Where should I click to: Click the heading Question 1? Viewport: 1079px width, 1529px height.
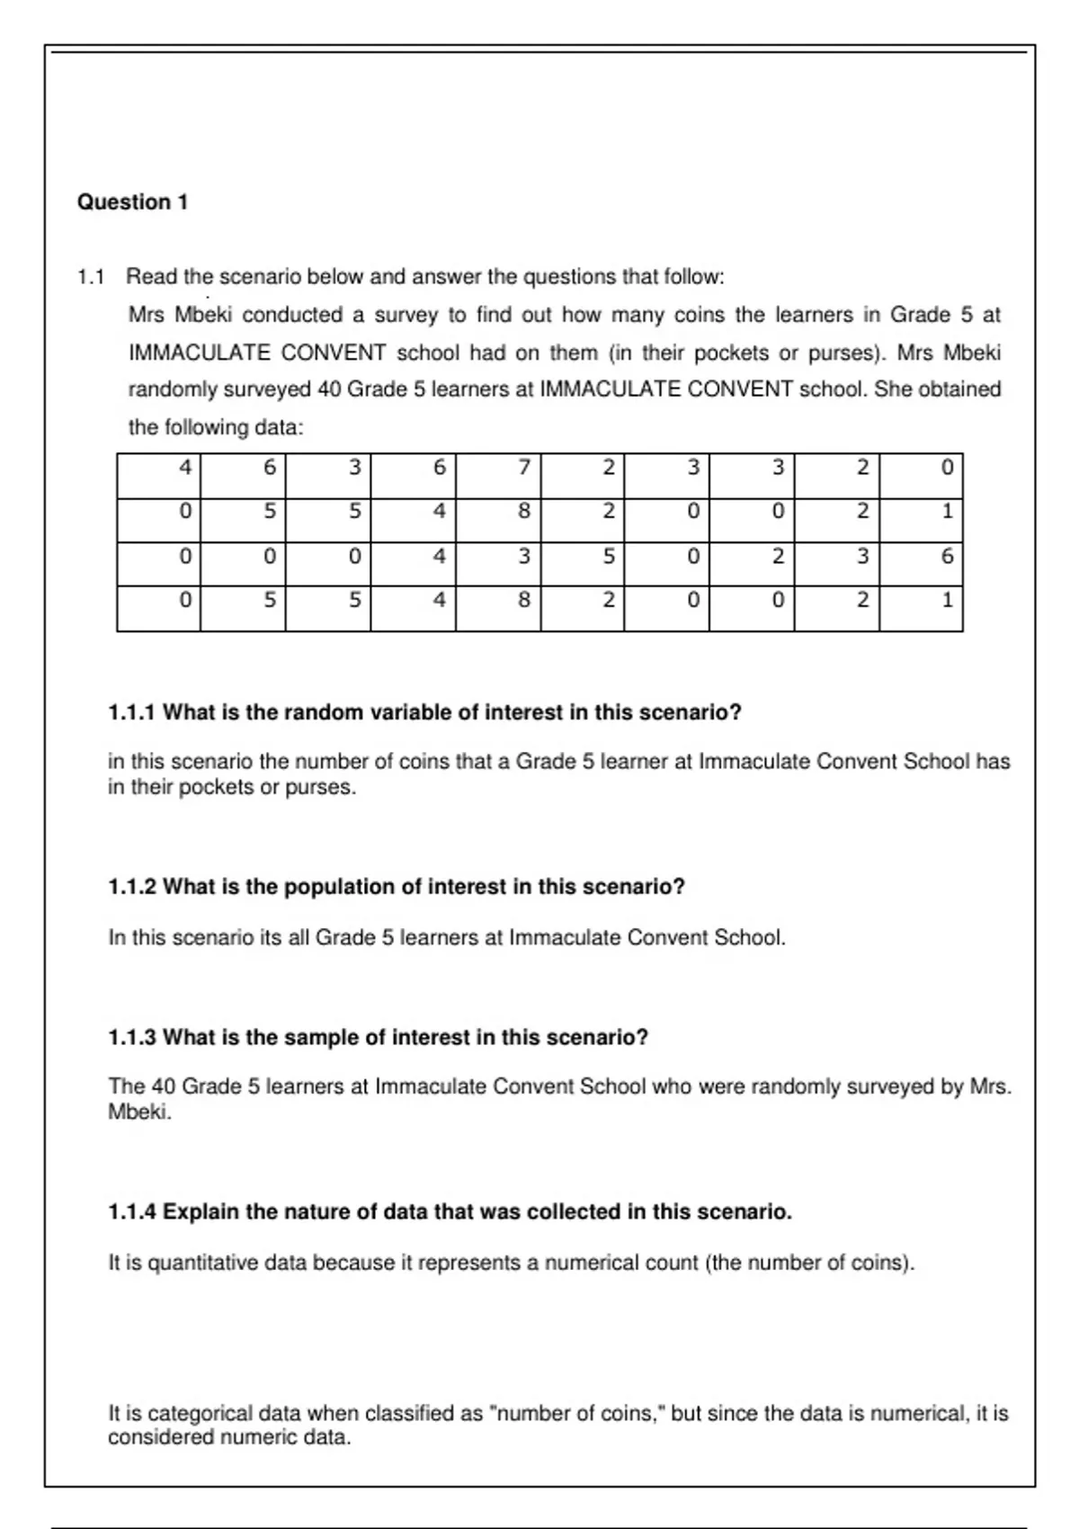(x=132, y=202)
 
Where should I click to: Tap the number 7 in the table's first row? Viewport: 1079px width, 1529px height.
(x=523, y=467)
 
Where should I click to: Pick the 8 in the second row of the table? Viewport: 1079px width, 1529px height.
(x=523, y=511)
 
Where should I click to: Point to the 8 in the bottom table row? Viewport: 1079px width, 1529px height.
(x=523, y=599)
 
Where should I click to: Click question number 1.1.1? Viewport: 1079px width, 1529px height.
(x=132, y=713)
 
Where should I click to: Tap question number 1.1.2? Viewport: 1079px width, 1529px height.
(x=132, y=888)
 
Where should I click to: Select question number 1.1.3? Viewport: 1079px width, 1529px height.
(x=132, y=1038)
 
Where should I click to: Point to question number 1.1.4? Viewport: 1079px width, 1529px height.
(x=132, y=1212)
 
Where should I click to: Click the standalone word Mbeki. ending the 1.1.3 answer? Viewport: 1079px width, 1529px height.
(x=139, y=1113)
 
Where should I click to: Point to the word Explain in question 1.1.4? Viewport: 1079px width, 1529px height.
(x=199, y=1212)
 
